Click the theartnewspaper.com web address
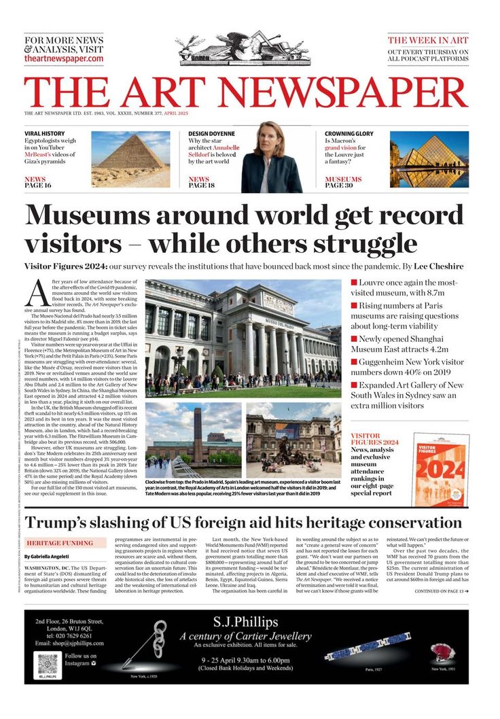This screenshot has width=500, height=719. [x=64, y=59]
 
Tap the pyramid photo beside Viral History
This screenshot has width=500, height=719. [x=130, y=159]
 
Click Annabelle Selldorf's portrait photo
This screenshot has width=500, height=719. [x=271, y=158]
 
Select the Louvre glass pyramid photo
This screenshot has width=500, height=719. [x=429, y=159]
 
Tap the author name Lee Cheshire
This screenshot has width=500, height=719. [x=438, y=266]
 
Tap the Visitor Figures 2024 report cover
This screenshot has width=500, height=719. [x=440, y=470]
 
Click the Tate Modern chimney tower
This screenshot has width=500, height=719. [x=198, y=434]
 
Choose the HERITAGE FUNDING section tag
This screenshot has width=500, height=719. [x=60, y=543]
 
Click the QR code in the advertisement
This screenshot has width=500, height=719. [x=47, y=663]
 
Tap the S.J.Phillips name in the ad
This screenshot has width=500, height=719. [x=245, y=622]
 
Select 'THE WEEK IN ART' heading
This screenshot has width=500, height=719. [x=428, y=41]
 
